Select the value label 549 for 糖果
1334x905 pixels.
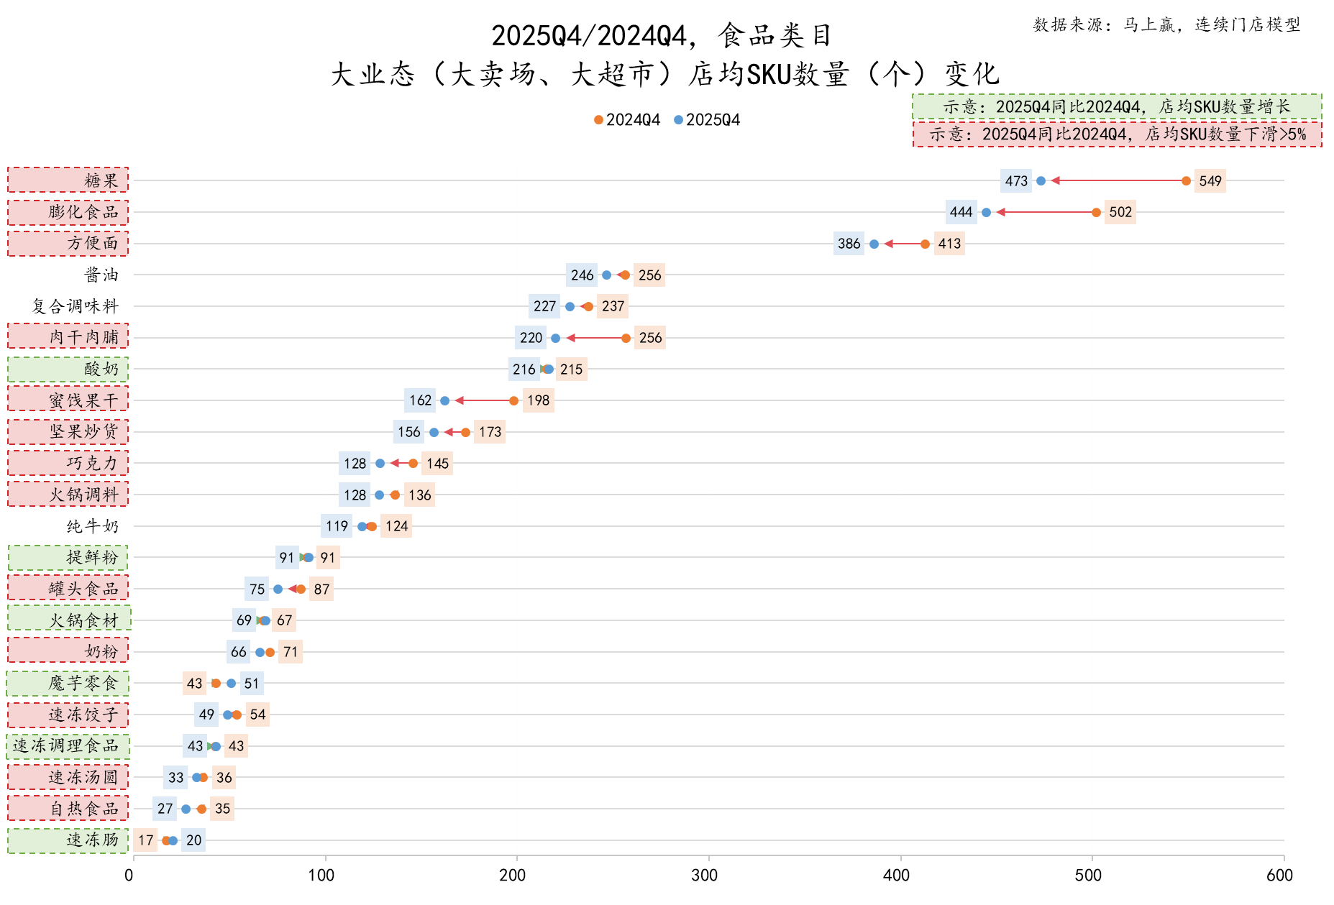pyautogui.click(x=1210, y=181)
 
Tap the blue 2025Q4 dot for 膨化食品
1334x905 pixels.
pyautogui.click(x=986, y=212)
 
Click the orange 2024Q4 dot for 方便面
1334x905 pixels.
pyautogui.click(x=925, y=244)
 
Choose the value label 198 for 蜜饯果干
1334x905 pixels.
pyautogui.click(x=538, y=400)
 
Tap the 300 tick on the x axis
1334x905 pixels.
pyautogui.click(x=704, y=875)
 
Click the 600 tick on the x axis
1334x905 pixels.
pyautogui.click(x=1279, y=875)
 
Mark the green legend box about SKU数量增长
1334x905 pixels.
pyautogui.click(x=1117, y=107)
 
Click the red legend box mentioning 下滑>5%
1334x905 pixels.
pyautogui.click(x=1117, y=134)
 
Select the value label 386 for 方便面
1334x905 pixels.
pyautogui.click(x=849, y=244)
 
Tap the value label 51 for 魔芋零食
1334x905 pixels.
pyautogui.click(x=251, y=684)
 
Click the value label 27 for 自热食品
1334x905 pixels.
pyautogui.click(x=165, y=809)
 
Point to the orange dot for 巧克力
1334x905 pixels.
pyautogui.click(x=413, y=464)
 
